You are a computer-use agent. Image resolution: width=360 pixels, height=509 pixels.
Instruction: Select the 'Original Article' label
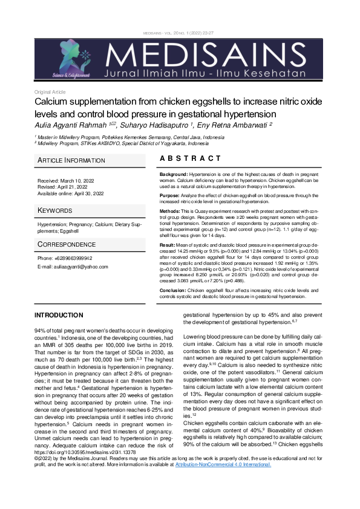pyautogui.click(x=50, y=92)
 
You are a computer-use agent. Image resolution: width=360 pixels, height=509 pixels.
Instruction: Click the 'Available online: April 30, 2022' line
pyautogui.click(x=71, y=193)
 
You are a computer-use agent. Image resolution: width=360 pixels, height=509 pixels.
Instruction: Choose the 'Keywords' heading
pyautogui.click(x=56, y=210)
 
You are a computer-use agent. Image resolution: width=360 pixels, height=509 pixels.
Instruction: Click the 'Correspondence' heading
pyautogui.click(x=66, y=244)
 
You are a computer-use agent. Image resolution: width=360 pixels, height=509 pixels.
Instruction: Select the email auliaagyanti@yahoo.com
pyautogui.click(x=68, y=267)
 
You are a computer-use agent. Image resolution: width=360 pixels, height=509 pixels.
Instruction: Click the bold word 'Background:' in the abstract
pyautogui.click(x=174, y=174)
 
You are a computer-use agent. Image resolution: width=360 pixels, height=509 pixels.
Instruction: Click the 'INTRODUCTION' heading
pyautogui.click(x=59, y=315)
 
